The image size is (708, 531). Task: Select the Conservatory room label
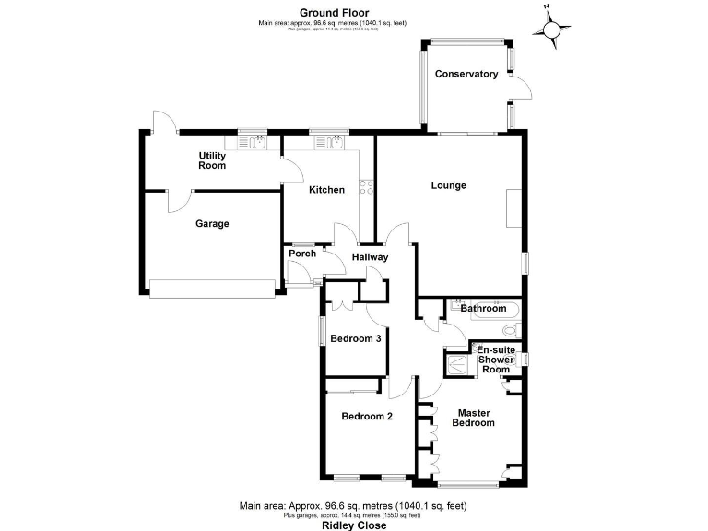click(x=466, y=74)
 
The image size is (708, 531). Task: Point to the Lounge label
click(x=449, y=185)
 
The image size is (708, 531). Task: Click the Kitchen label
click(x=326, y=190)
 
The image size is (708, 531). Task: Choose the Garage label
click(x=211, y=223)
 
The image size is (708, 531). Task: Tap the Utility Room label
click(x=212, y=160)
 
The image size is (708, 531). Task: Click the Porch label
click(x=302, y=254)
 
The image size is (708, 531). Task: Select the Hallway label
click(x=370, y=257)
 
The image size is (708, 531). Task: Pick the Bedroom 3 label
click(x=356, y=338)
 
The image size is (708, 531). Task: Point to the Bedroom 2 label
click(x=367, y=416)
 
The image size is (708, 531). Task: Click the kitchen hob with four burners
click(x=365, y=188)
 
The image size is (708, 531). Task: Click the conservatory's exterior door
click(x=523, y=88)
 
